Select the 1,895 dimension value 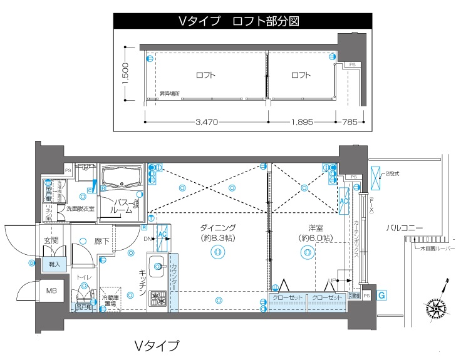click(301, 123)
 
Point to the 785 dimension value click(348, 123)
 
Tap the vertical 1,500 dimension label click(125, 75)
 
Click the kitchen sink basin click(156, 263)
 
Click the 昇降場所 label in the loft click(169, 94)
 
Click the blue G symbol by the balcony click(381, 294)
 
